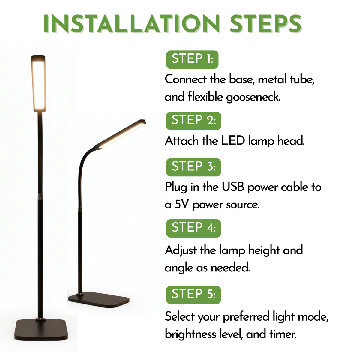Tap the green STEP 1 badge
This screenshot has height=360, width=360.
pos(192,59)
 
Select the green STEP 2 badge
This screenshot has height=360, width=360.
pos(193,121)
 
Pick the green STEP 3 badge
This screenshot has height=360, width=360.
pos(193,167)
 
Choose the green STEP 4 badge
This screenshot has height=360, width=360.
pos(193,228)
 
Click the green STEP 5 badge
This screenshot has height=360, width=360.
pos(193,295)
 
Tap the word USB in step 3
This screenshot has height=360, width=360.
pos(233,187)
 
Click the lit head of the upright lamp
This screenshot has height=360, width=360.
pos(38,83)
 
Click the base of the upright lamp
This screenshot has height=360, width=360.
pos(41,330)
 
